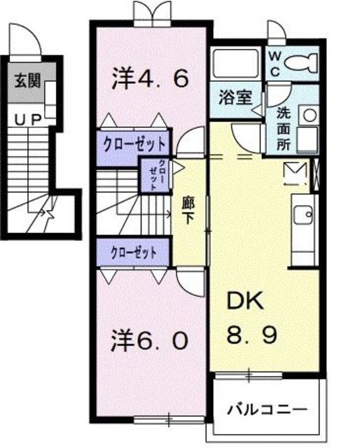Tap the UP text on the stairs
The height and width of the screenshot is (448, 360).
27,120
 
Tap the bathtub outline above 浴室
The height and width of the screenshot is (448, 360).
235,64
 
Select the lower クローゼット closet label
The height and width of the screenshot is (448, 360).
132,251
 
